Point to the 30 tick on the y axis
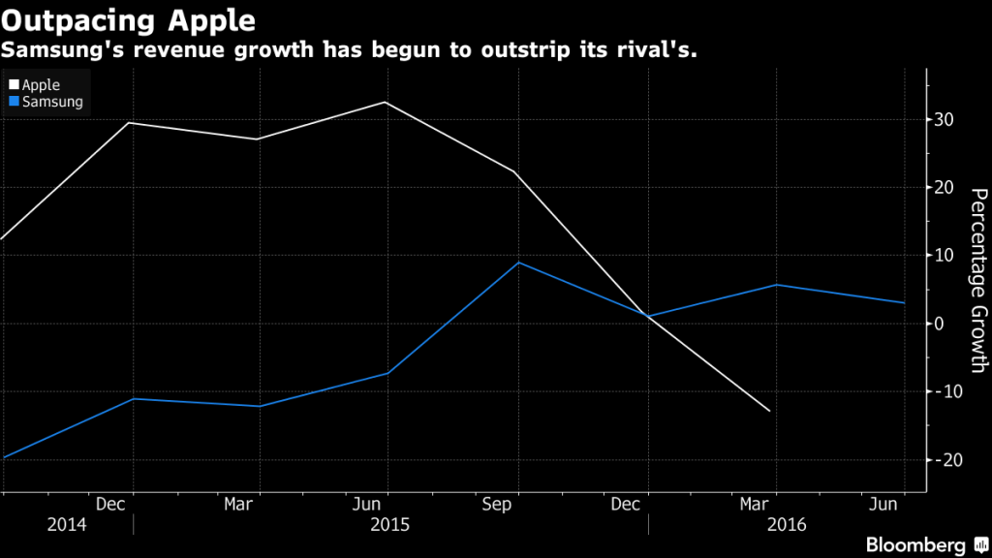[944, 120]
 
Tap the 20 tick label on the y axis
[944, 188]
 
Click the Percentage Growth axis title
[976, 281]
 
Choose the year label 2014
[66, 524]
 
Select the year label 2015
[389, 524]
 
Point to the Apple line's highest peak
[387, 102]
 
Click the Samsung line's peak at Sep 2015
[518, 263]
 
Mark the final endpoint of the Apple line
[770, 412]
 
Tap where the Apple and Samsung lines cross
[646, 316]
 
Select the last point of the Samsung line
[905, 303]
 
